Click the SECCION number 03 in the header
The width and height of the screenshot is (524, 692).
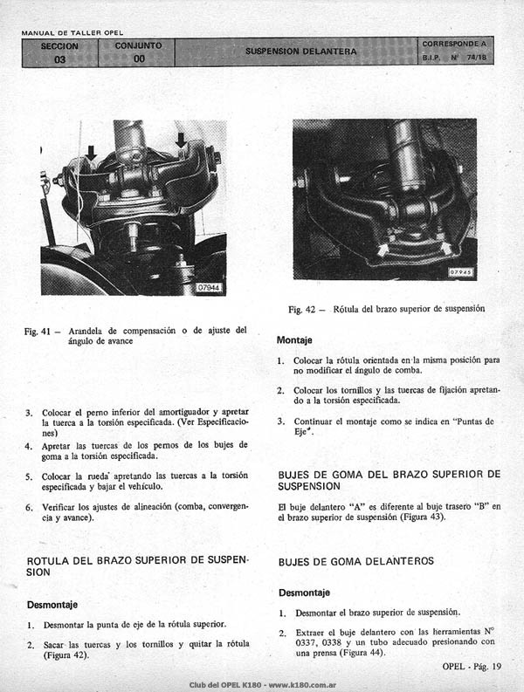pyautogui.click(x=59, y=59)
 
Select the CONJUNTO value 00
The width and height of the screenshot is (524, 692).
pyautogui.click(x=139, y=58)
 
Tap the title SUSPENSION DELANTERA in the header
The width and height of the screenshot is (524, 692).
pyautogui.click(x=301, y=51)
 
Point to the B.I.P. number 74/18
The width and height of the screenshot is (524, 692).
pyautogui.click(x=476, y=58)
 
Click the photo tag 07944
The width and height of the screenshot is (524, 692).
pyautogui.click(x=209, y=288)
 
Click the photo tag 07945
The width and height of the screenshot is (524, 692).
pyautogui.click(x=461, y=272)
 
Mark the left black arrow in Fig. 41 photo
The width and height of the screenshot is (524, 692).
pyautogui.click(x=91, y=153)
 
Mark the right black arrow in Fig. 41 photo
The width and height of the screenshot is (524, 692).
pyautogui.click(x=181, y=140)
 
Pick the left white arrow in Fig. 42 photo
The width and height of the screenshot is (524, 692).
pyautogui.click(x=381, y=250)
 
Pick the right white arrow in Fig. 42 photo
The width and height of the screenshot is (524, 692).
pyautogui.click(x=445, y=248)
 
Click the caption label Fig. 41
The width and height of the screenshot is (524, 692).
pyautogui.click(x=38, y=331)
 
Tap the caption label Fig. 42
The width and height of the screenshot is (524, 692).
pyautogui.click(x=302, y=310)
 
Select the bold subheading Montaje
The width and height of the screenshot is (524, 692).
pyautogui.click(x=294, y=340)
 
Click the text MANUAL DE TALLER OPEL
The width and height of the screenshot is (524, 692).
pyautogui.click(x=72, y=32)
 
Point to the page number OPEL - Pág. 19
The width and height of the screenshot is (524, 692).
pyautogui.click(x=472, y=667)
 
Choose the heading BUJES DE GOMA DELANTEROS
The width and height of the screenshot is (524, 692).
pyautogui.click(x=356, y=561)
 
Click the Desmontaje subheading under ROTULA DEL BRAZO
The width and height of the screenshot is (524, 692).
pyautogui.click(x=52, y=605)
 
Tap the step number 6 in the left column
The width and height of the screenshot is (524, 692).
pyautogui.click(x=29, y=508)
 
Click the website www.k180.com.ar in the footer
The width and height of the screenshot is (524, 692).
pyautogui.click(x=302, y=685)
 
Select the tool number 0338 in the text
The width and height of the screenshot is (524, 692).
pyautogui.click(x=332, y=642)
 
